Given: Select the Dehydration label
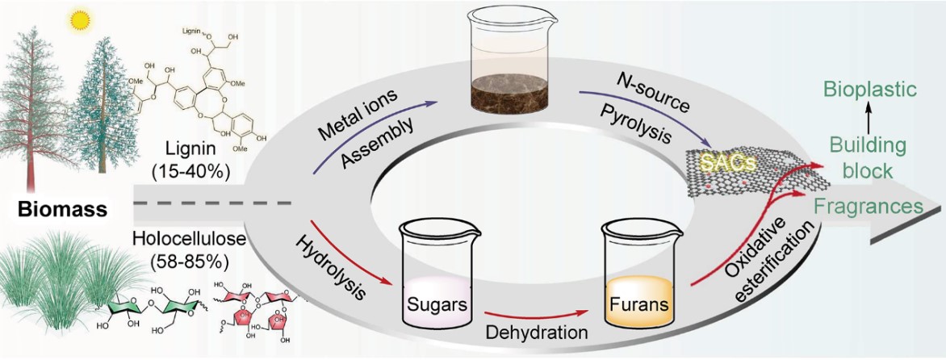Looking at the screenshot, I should point(537,332).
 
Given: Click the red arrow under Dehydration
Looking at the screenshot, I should point(537,312).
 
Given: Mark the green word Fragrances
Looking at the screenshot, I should point(873,207).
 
